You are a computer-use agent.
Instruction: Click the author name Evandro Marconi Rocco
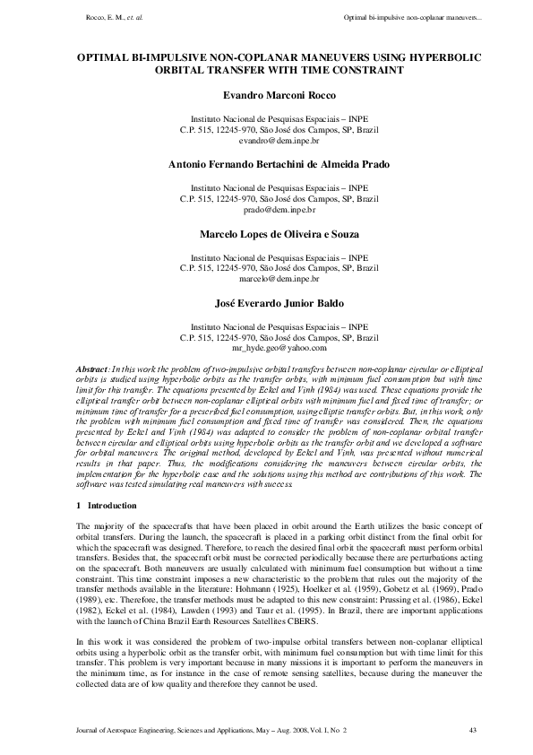click(x=266, y=93)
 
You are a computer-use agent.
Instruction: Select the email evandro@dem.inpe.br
click(x=266, y=142)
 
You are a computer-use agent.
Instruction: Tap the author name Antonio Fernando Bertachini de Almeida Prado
click(x=266, y=164)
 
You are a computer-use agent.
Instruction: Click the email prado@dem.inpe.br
click(x=266, y=210)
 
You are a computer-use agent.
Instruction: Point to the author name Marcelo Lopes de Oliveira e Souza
click(x=266, y=233)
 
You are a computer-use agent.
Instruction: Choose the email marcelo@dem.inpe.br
click(x=266, y=279)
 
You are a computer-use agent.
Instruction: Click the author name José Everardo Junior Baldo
click(x=266, y=302)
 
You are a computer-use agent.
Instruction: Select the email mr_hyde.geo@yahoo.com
click(x=266, y=348)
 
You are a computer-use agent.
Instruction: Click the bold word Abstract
click(x=92, y=369)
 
